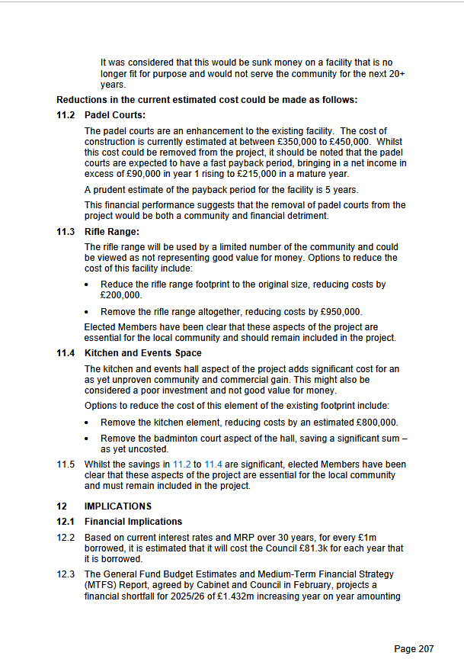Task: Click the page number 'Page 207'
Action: click(414, 648)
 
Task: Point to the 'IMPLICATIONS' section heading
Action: click(118, 506)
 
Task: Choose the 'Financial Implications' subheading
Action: click(133, 522)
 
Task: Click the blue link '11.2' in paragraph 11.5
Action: click(182, 464)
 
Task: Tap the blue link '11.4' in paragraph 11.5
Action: click(213, 464)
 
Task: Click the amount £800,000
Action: click(375, 423)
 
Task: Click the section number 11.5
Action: click(66, 464)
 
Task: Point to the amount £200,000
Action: click(121, 295)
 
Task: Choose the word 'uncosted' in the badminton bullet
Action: click(143, 449)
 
